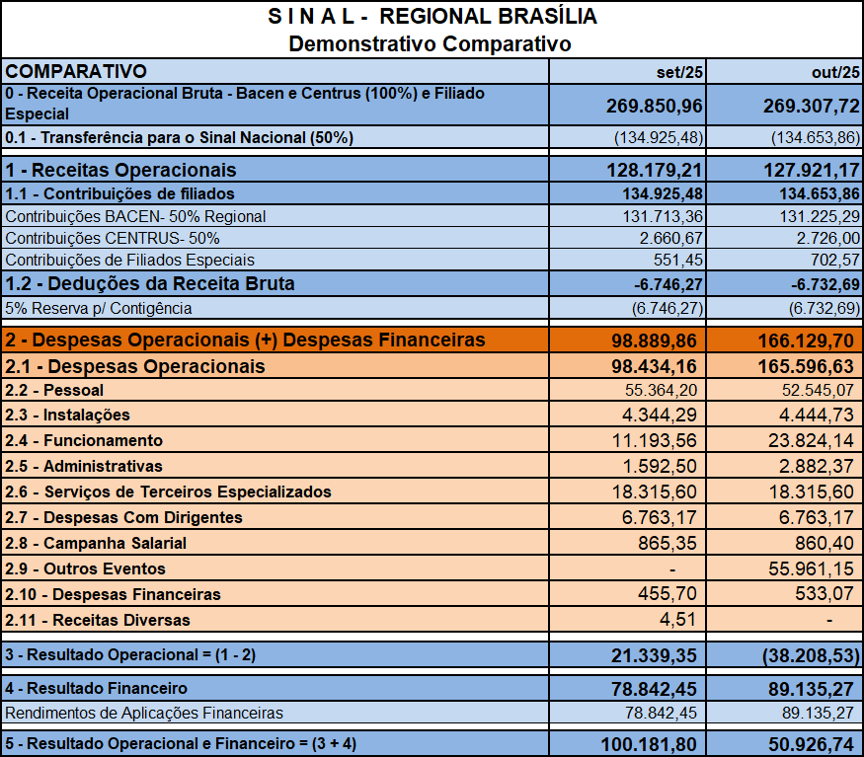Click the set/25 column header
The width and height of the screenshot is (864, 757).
pyautogui.click(x=679, y=72)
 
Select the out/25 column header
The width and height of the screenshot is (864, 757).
pyautogui.click(x=835, y=72)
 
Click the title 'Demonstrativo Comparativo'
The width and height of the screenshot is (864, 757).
pyautogui.click(x=430, y=43)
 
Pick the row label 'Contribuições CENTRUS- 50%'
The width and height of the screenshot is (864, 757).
pyautogui.click(x=113, y=238)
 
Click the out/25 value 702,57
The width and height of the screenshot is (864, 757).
pyautogui.click(x=827, y=260)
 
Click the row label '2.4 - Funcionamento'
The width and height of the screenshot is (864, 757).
pyautogui.click(x=84, y=440)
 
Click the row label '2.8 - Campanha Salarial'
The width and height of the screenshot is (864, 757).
pyautogui.click(x=96, y=543)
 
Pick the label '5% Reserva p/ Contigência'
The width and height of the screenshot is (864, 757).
pyautogui.click(x=99, y=309)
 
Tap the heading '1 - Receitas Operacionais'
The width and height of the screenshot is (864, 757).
pyautogui.click(x=120, y=170)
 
